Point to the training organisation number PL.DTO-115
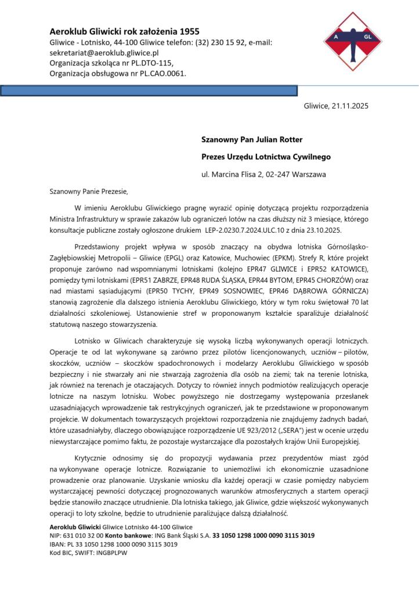pos(149,63)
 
